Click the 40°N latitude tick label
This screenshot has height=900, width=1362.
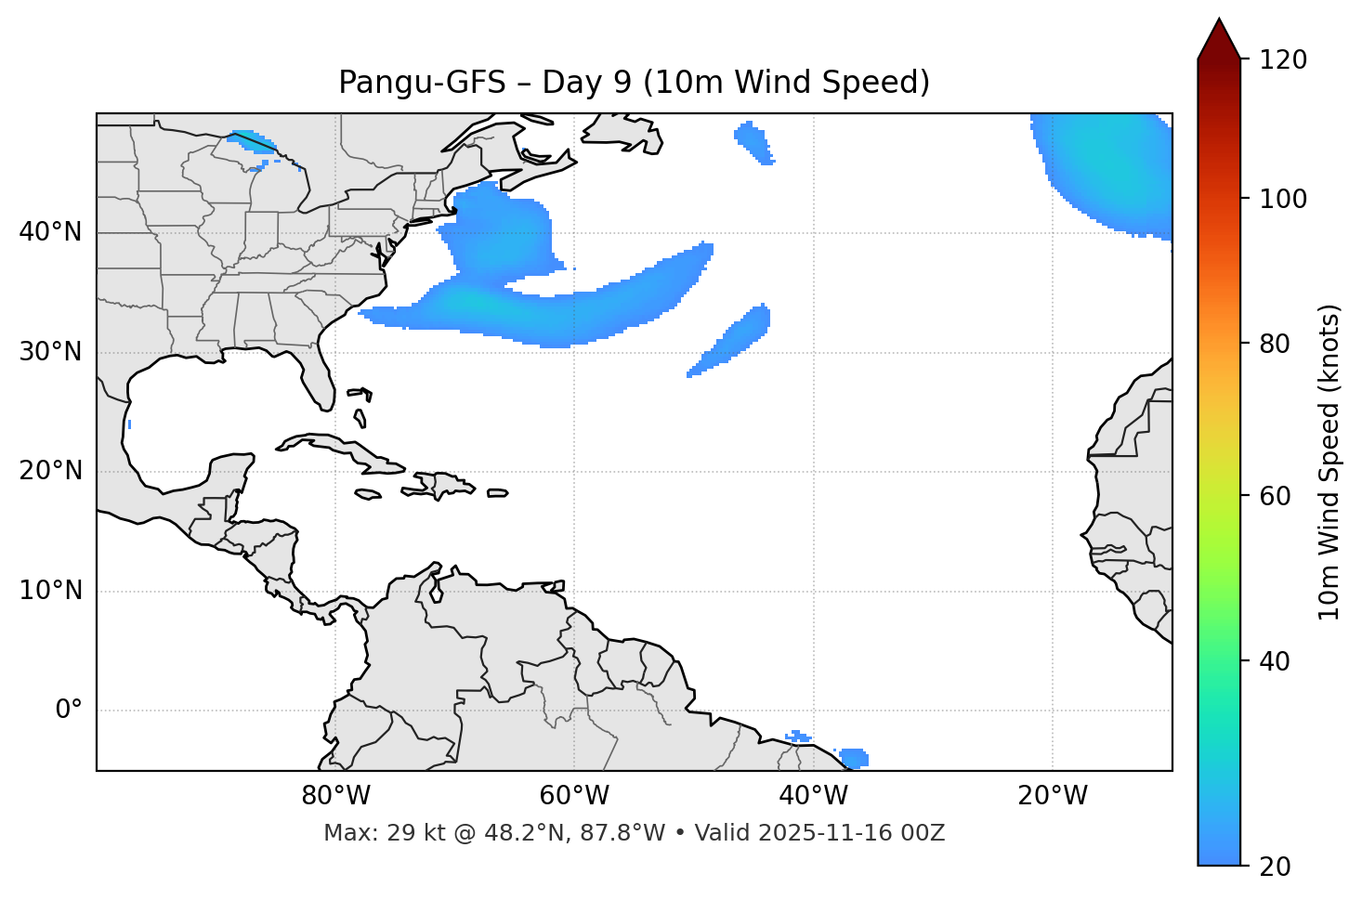click(x=50, y=232)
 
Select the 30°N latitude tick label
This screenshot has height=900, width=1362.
click(x=50, y=352)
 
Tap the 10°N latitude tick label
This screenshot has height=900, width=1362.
click(x=50, y=591)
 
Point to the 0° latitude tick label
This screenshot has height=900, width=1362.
click(x=69, y=711)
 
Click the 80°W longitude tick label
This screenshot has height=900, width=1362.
click(x=335, y=796)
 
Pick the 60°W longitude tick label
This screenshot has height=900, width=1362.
click(x=574, y=796)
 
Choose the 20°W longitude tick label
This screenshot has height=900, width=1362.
click(x=1053, y=796)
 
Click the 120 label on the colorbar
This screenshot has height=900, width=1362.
click(x=1283, y=60)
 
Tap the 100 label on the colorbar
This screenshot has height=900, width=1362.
click(x=1283, y=199)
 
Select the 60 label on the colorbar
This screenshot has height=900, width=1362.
click(x=1276, y=496)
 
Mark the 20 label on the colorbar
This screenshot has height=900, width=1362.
click(x=1276, y=867)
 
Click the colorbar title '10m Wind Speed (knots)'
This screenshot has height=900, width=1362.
click(x=1329, y=462)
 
